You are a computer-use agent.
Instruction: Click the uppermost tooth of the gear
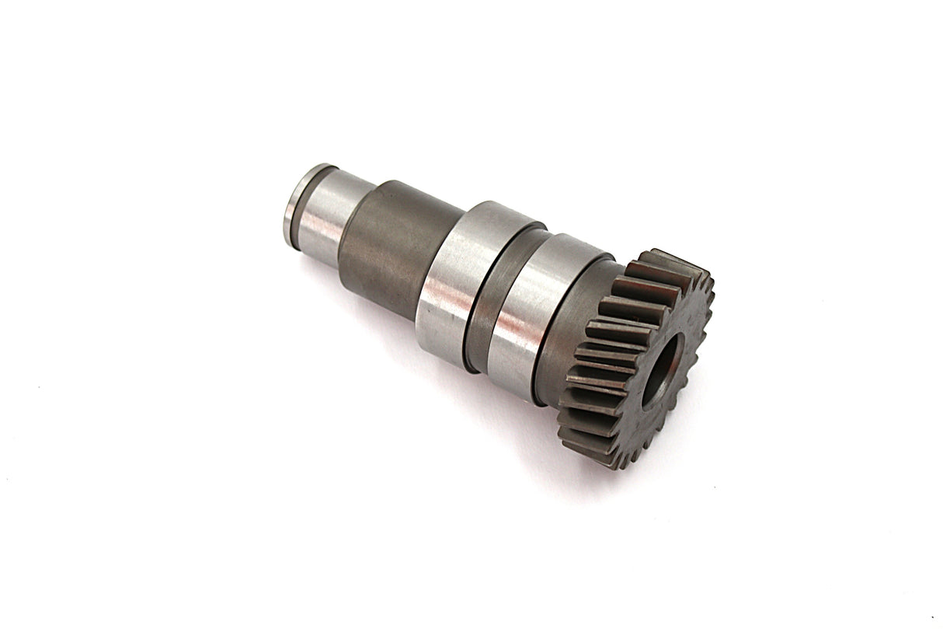[660, 257]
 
